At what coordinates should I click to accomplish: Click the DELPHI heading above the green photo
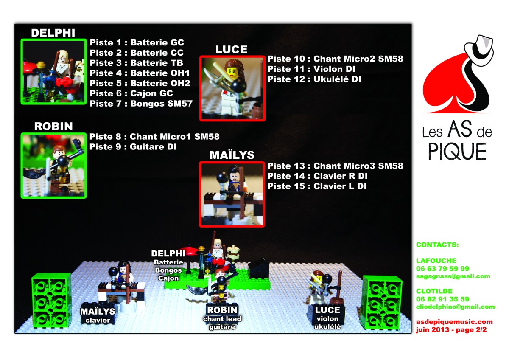[53, 33]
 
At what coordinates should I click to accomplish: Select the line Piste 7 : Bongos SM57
[141, 104]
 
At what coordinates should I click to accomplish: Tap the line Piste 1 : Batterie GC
[137, 42]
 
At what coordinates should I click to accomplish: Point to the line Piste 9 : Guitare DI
[133, 147]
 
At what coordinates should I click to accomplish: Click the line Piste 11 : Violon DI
[311, 69]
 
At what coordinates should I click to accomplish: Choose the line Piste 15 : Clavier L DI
[317, 186]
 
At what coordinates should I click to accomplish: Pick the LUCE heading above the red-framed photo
[231, 49]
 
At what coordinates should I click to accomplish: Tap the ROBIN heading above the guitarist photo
[53, 126]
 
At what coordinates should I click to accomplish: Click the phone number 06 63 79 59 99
[442, 269]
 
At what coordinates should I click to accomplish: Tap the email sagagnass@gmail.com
[453, 276]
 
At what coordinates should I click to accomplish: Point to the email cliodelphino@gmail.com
[455, 307]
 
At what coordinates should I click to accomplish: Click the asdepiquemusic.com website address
[454, 322]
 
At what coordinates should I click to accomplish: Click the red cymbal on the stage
[187, 250]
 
